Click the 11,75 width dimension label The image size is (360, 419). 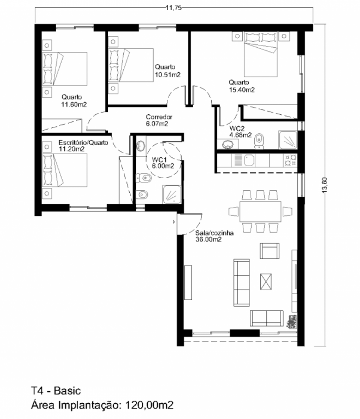click(173, 8)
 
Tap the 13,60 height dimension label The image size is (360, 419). click(324, 185)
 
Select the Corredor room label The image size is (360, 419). click(159, 117)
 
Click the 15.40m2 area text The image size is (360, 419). click(241, 90)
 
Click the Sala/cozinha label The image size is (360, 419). click(214, 233)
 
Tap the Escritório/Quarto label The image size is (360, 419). click(83, 143)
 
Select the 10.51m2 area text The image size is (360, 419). click(168, 75)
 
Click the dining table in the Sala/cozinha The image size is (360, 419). click(260, 212)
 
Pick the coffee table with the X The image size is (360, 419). click(266, 281)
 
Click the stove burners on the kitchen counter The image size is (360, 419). click(290, 160)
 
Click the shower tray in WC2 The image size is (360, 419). click(288, 140)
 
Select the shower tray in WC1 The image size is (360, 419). click(172, 194)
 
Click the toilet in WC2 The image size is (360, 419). click(259, 141)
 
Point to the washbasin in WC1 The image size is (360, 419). click(141, 146)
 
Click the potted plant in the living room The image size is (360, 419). click(292, 321)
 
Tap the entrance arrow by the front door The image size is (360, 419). click(174, 222)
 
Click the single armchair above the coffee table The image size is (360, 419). click(270, 251)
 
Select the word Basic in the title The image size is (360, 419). click(67, 391)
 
